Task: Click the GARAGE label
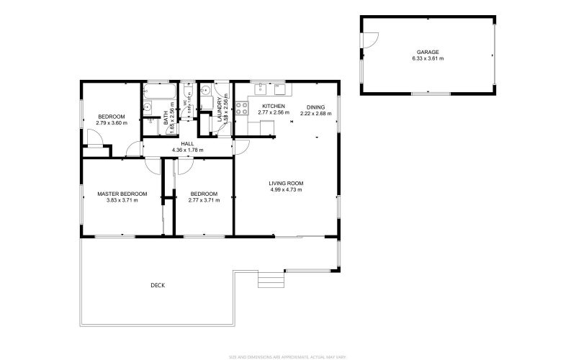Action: [427, 52]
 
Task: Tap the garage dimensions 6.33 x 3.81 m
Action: [427, 58]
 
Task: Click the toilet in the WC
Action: [186, 90]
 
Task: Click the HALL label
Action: [187, 143]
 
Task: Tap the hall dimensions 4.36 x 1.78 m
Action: [187, 150]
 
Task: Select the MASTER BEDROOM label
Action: [122, 194]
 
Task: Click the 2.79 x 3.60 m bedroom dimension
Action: [112, 123]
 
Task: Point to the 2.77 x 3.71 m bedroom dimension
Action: [204, 200]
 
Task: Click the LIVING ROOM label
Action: [287, 184]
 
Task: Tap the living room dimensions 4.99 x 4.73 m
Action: [287, 190]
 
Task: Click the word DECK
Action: [158, 285]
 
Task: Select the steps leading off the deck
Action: [270, 279]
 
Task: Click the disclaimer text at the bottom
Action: [287, 355]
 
